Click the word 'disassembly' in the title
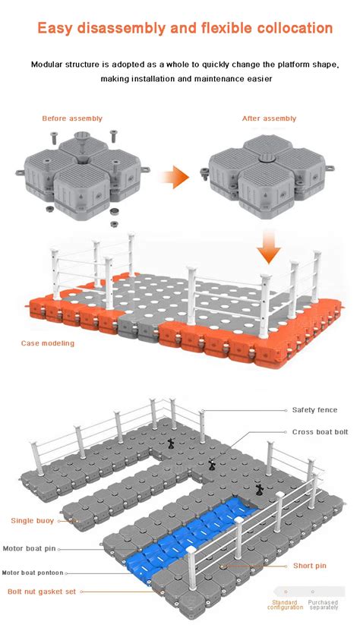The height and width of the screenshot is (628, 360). pyautogui.click(x=120, y=29)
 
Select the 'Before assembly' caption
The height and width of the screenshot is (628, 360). pyautogui.click(x=72, y=118)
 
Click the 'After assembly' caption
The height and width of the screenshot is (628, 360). pyautogui.click(x=269, y=118)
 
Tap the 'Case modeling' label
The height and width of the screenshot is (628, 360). pyautogui.click(x=48, y=343)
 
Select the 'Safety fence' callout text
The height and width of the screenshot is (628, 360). pyautogui.click(x=314, y=410)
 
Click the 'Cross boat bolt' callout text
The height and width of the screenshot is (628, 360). pyautogui.click(x=320, y=431)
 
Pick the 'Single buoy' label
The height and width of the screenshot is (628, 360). pyautogui.click(x=32, y=521)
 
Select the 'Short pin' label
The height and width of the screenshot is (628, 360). pyautogui.click(x=311, y=566)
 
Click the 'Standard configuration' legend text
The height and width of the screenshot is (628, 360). pyautogui.click(x=285, y=605)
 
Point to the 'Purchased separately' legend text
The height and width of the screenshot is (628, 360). pyautogui.click(x=324, y=605)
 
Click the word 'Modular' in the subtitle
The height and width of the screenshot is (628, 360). pyautogui.click(x=48, y=64)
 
